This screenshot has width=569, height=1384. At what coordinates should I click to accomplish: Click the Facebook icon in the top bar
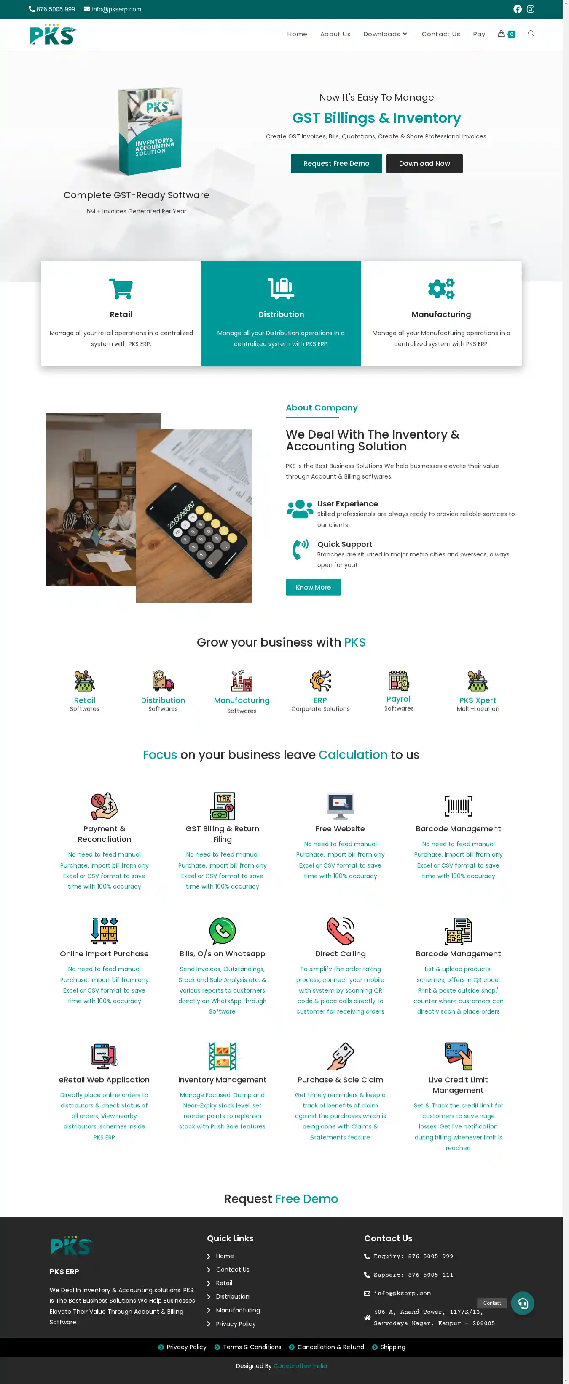[x=518, y=9]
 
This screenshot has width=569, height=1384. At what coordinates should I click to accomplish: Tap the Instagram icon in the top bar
[x=530, y=9]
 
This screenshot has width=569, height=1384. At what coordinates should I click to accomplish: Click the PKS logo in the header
[x=53, y=35]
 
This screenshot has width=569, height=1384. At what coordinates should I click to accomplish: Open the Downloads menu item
[x=385, y=34]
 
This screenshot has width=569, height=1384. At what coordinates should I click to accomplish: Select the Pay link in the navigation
[x=479, y=34]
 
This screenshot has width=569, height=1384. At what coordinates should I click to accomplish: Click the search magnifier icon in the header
[x=531, y=34]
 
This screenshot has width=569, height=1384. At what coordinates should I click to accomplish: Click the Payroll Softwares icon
[x=399, y=681]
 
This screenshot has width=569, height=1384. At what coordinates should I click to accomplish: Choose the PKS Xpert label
[x=477, y=700]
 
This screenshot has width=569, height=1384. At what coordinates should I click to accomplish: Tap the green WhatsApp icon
[x=222, y=931]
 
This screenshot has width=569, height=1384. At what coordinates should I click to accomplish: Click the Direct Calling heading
[x=340, y=954]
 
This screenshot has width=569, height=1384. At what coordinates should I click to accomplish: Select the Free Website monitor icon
[x=340, y=805]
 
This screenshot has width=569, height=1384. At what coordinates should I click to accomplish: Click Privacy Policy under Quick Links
[x=236, y=1323]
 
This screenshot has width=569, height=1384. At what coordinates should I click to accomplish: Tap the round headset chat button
[x=522, y=1303]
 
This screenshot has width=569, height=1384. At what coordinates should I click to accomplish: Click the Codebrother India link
[x=300, y=1366]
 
